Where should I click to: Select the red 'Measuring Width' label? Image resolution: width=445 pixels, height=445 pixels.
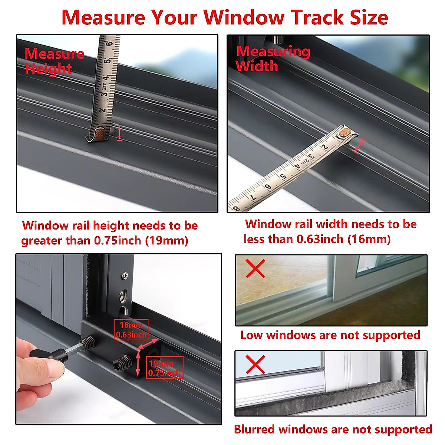point(273,59)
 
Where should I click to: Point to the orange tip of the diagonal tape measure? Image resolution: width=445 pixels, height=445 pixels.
point(346,132)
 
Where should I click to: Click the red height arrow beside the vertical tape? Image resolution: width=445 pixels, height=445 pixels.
point(119,133)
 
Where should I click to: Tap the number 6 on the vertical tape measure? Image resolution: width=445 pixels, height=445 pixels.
point(109,44)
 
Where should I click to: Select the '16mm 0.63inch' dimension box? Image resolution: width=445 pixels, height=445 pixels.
point(131,330)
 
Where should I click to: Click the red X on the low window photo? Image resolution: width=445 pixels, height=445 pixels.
point(256,268)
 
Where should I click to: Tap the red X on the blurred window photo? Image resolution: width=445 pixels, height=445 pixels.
point(256,364)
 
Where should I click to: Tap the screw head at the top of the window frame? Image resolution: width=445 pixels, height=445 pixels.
point(125,276)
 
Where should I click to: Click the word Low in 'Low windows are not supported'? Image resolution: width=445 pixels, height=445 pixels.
point(251,335)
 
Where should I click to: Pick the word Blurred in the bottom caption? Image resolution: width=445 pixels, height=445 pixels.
point(254,429)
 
